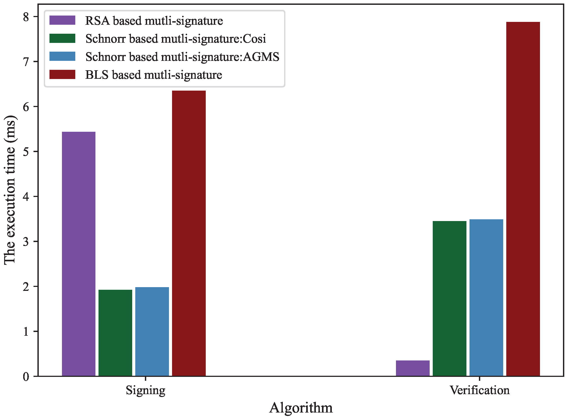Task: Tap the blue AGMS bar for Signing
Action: (152, 332)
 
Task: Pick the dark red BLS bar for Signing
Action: (189, 233)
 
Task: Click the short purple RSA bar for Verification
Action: (412, 368)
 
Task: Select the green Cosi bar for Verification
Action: (449, 299)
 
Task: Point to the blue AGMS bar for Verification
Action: (486, 298)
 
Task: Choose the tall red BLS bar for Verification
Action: (523, 199)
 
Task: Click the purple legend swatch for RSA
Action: (62, 20)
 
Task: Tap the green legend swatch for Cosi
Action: (62, 39)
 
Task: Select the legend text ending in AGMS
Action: (182, 57)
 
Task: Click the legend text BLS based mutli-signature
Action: (154, 75)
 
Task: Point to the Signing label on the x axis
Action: (146, 390)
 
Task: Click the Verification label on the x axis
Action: (479, 390)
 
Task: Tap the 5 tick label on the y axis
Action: (26, 152)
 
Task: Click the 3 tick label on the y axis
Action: (26, 242)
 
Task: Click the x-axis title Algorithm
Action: (301, 408)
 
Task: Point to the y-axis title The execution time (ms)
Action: (10, 190)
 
